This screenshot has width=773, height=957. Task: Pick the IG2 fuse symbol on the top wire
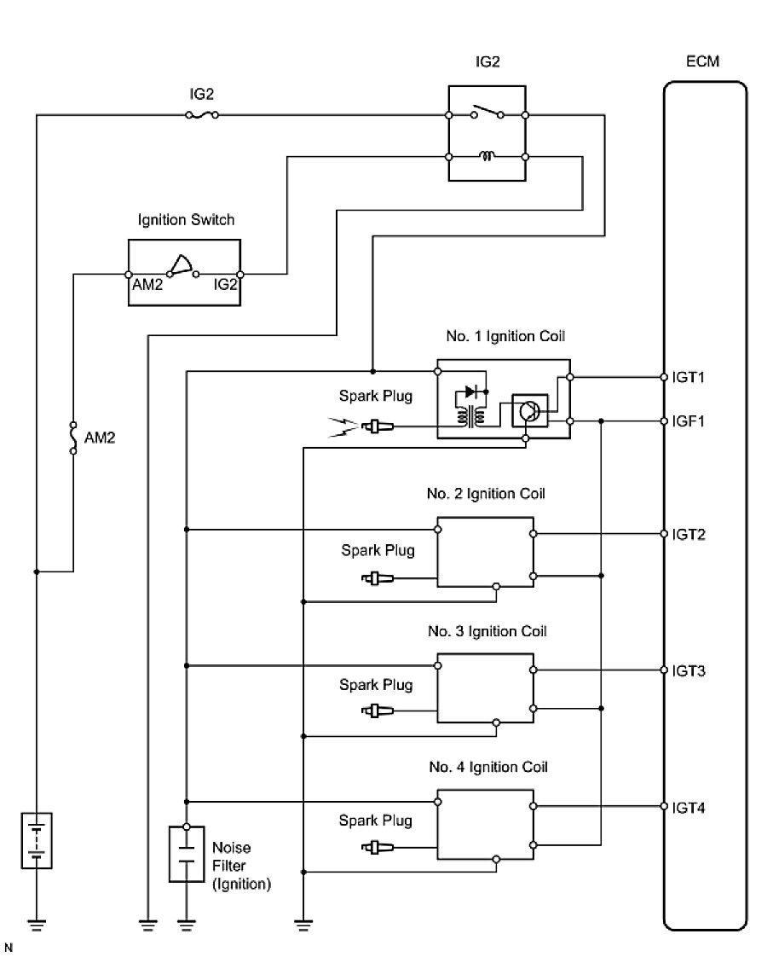point(202,114)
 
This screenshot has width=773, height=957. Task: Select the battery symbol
point(36,840)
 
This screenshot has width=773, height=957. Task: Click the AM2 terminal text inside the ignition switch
point(147,287)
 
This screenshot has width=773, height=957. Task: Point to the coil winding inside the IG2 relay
point(487,156)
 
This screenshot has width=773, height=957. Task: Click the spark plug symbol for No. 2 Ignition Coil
point(376,578)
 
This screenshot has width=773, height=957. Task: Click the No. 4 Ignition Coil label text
point(487,767)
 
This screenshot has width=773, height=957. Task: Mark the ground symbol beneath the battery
point(36,921)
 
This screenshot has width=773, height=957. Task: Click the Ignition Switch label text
point(186,220)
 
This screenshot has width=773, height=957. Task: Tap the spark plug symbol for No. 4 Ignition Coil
point(376,847)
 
